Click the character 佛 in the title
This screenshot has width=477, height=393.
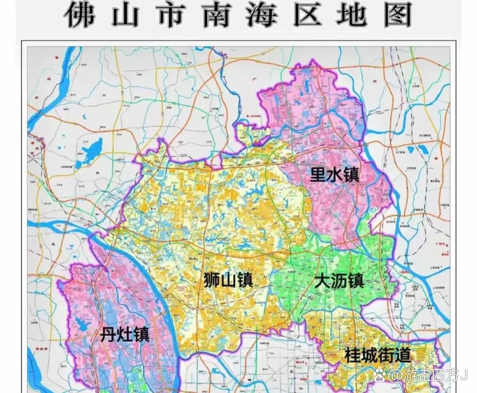click(80, 14)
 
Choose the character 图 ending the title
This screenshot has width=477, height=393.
click(397, 14)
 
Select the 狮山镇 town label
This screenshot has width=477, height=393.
click(228, 280)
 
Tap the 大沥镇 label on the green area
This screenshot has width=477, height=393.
click(339, 281)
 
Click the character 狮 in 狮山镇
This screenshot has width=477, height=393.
click(212, 280)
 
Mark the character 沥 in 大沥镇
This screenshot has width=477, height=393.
click(339, 281)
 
